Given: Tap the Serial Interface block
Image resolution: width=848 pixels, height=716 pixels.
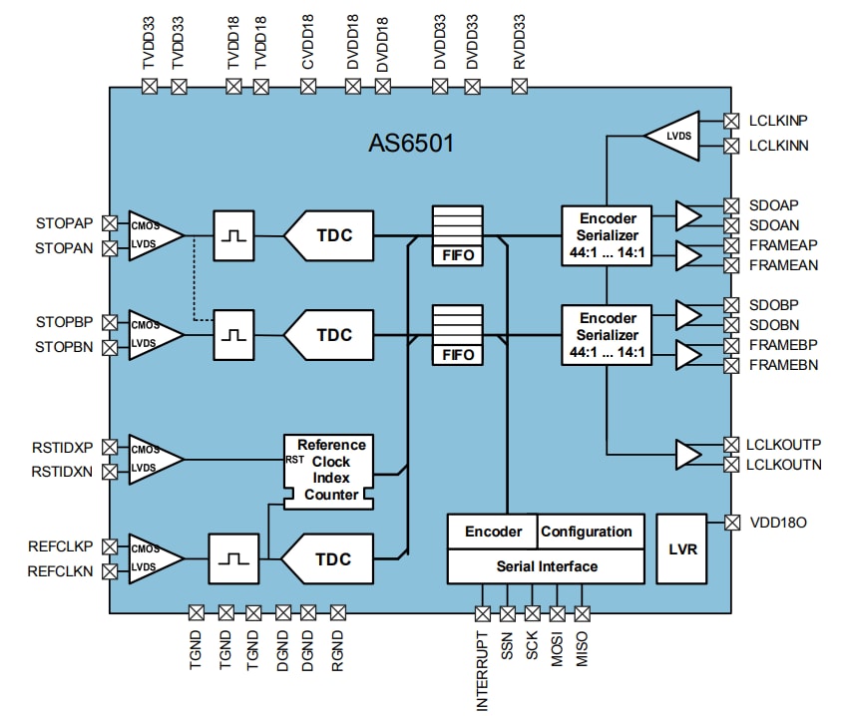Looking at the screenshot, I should (x=547, y=566).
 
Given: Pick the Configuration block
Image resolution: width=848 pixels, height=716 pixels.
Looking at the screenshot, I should (x=587, y=532).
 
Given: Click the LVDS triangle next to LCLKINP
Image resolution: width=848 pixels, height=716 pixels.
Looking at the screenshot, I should (x=672, y=134).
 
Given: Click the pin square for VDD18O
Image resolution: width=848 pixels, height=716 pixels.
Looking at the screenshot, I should (x=730, y=522).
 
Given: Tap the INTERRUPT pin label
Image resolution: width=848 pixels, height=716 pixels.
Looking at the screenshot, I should (x=483, y=670).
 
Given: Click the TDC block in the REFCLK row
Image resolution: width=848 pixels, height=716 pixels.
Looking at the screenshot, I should (x=328, y=559).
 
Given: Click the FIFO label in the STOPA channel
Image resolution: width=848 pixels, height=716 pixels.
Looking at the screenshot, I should (x=458, y=255).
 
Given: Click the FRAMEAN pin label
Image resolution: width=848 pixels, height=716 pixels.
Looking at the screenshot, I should (x=784, y=265).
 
